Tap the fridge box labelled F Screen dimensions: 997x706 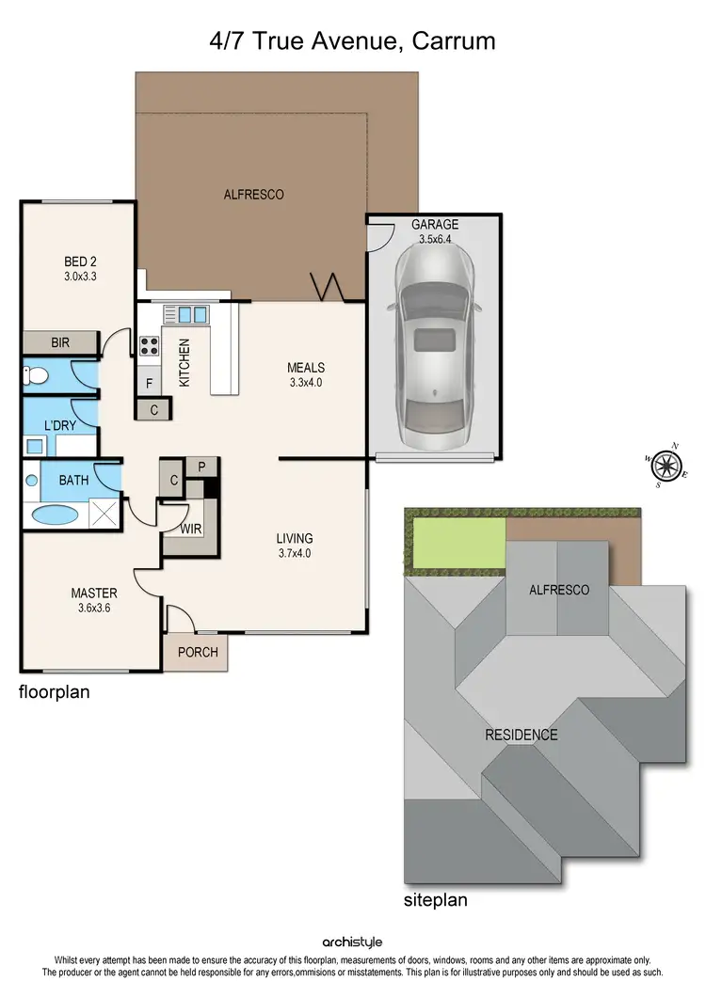click(149, 383)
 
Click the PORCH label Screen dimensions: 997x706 click(197, 652)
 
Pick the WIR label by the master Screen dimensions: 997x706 click(191, 530)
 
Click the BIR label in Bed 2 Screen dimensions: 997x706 click(60, 343)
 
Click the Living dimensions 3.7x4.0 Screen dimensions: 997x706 click(294, 553)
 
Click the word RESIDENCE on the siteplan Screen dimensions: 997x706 click(521, 735)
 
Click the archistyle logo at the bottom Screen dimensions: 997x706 click(352, 942)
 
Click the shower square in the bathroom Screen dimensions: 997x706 click(105, 514)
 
